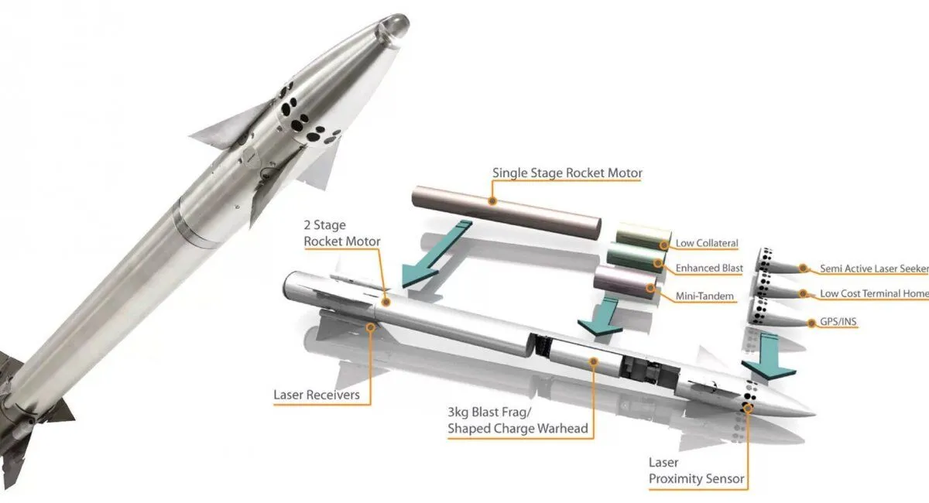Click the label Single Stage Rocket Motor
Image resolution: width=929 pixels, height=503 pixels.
[x=567, y=173]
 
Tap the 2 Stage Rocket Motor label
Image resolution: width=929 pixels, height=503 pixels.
[x=341, y=234]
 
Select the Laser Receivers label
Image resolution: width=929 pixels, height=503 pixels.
[x=316, y=395]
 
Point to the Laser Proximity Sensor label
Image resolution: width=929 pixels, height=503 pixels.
[x=696, y=470]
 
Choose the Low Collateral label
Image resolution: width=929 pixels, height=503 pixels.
[x=707, y=243]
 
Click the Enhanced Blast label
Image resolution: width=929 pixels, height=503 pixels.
[x=709, y=268]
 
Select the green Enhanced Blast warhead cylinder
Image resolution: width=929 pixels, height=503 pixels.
[x=633, y=258]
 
